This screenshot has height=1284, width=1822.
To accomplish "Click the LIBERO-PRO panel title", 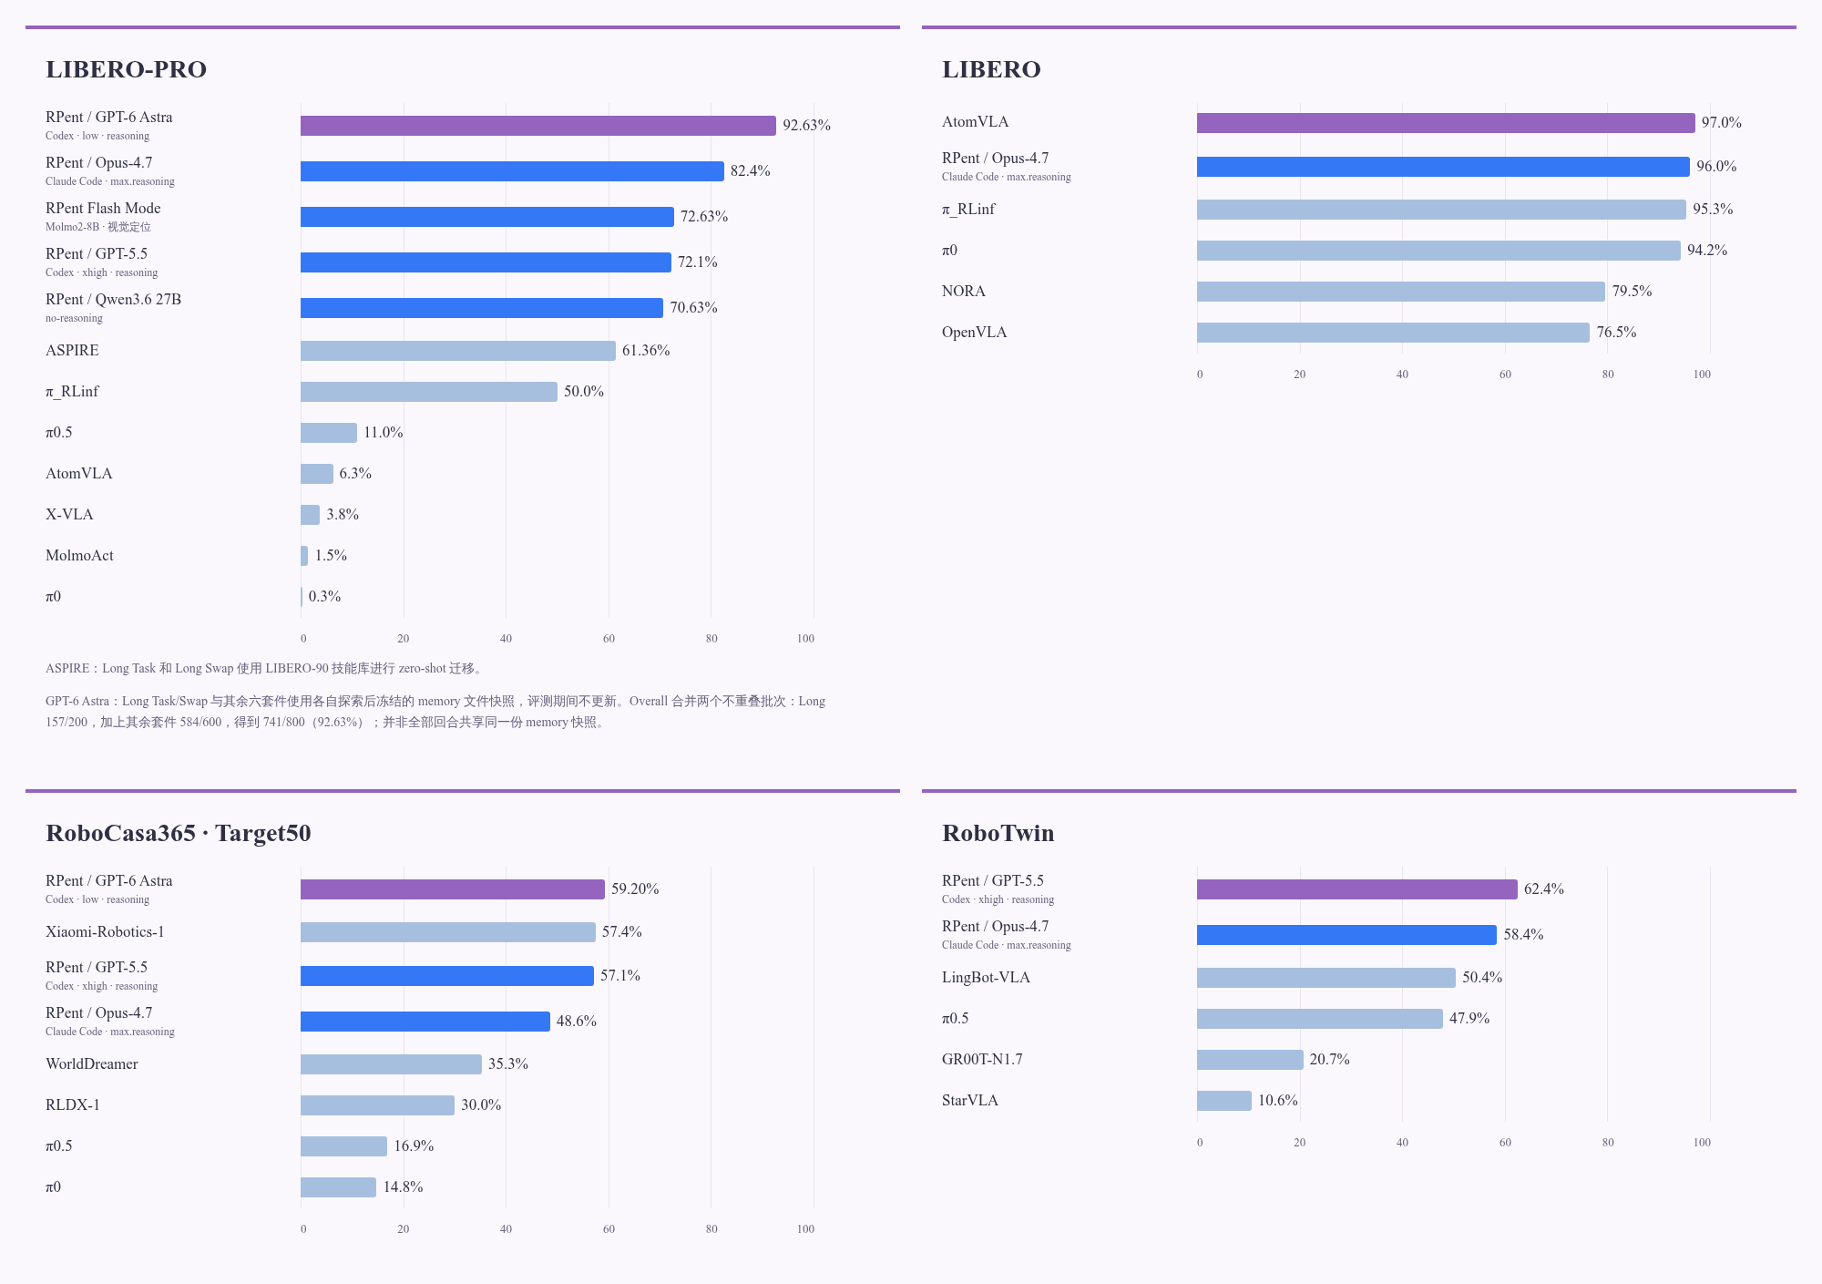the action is [126, 69].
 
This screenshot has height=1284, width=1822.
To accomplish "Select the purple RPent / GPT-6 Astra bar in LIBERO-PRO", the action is [538, 126].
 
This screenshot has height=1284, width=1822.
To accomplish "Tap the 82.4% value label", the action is [751, 171].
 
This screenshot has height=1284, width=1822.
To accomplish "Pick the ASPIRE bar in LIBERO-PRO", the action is [458, 351].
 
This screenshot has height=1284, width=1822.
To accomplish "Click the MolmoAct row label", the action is [79, 556].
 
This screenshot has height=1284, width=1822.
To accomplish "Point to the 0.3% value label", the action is [324, 597].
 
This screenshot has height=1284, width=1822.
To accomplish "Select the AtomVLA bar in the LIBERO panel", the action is [1446, 123].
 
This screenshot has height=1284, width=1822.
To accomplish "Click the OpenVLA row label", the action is [974, 333].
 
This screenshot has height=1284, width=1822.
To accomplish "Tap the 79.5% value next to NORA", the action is [1632, 292].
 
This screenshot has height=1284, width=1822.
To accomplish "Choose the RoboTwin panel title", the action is [998, 833].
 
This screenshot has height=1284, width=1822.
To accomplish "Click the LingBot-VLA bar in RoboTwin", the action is [1326, 978].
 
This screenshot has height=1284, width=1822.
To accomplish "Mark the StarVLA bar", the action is [1224, 1101].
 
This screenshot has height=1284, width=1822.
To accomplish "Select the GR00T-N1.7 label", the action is [982, 1060].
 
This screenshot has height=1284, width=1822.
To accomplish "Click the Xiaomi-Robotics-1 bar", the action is [448, 932].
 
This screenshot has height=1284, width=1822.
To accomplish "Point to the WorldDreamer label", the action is [92, 1064].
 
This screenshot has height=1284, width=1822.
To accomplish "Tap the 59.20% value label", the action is [635, 889].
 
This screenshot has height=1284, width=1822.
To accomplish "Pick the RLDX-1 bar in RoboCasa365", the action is [377, 1105].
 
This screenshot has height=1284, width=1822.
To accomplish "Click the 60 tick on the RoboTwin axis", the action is [1505, 1143].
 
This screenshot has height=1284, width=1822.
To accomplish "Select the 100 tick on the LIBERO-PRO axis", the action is [805, 639].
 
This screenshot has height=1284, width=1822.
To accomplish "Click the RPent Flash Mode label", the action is [103, 209].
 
